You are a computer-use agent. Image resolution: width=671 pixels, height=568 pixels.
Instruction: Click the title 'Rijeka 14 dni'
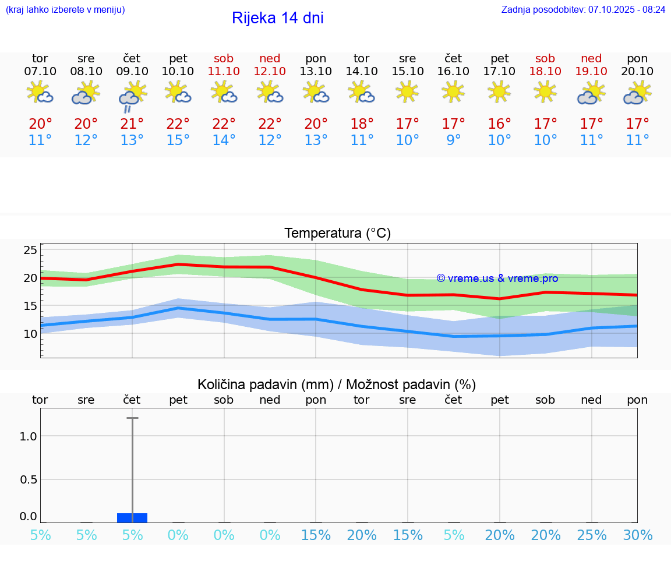point(277,18)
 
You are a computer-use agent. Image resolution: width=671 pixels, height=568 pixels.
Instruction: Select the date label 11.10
point(224,71)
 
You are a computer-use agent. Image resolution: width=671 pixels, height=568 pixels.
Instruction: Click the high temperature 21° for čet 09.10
point(132,124)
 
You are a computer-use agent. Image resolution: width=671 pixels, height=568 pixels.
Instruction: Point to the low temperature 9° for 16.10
point(453,140)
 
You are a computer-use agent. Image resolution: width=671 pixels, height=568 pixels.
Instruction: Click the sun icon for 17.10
point(499,91)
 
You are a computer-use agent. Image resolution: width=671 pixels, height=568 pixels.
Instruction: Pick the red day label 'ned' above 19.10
point(591,58)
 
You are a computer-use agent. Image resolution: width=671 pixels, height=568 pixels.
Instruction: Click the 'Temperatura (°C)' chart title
point(337,234)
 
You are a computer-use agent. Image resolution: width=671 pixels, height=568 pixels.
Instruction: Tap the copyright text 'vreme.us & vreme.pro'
point(497,278)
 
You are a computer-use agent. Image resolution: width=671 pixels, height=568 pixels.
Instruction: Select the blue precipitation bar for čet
point(132,517)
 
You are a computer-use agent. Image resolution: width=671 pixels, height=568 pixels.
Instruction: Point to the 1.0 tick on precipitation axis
point(28,436)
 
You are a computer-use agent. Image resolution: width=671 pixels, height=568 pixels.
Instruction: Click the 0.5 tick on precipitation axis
point(28,479)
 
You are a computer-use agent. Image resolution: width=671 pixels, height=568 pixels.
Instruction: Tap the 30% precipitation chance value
point(637,535)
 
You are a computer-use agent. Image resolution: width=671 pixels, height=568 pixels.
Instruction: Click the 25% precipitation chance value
point(591,535)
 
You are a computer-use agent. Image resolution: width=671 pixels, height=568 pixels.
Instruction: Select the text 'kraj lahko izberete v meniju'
point(65,9)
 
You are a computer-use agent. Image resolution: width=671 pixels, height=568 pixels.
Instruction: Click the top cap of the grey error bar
point(132,418)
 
